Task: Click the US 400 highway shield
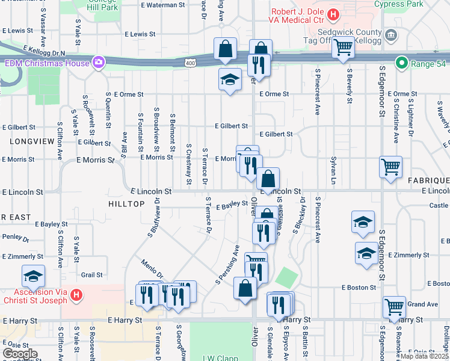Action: click(x=190, y=63)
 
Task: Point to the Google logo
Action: click(x=20, y=353)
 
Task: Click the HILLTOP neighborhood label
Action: click(x=126, y=204)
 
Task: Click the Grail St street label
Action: click(x=92, y=274)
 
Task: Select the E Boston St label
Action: click(x=359, y=288)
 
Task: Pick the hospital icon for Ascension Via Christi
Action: click(x=76, y=295)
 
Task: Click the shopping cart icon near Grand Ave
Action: click(x=395, y=306)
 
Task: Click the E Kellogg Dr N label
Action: click(x=44, y=51)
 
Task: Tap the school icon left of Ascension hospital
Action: click(x=33, y=276)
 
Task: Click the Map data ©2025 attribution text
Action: click(x=425, y=356)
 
